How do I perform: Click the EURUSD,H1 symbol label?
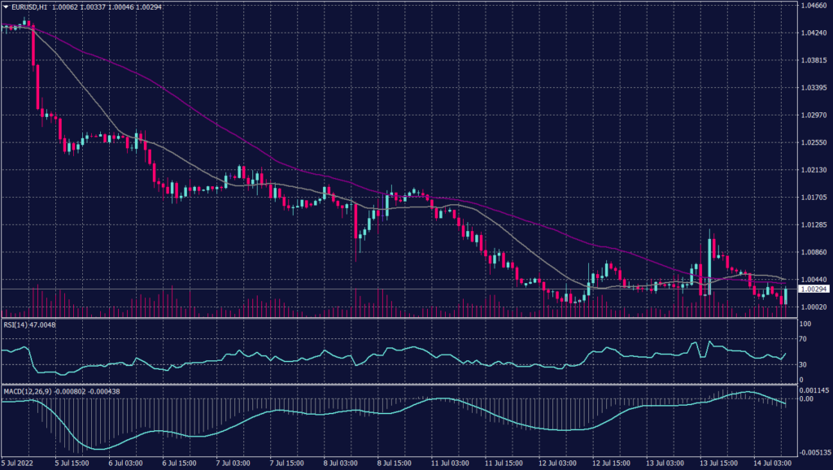click(x=28, y=6)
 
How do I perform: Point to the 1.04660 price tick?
click(x=813, y=6)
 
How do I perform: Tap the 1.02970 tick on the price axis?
click(x=813, y=115)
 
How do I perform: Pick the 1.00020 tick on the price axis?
click(x=813, y=307)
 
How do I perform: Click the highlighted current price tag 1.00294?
click(x=813, y=289)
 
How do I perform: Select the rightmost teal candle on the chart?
click(x=785, y=296)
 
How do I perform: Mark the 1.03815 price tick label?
click(x=813, y=61)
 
